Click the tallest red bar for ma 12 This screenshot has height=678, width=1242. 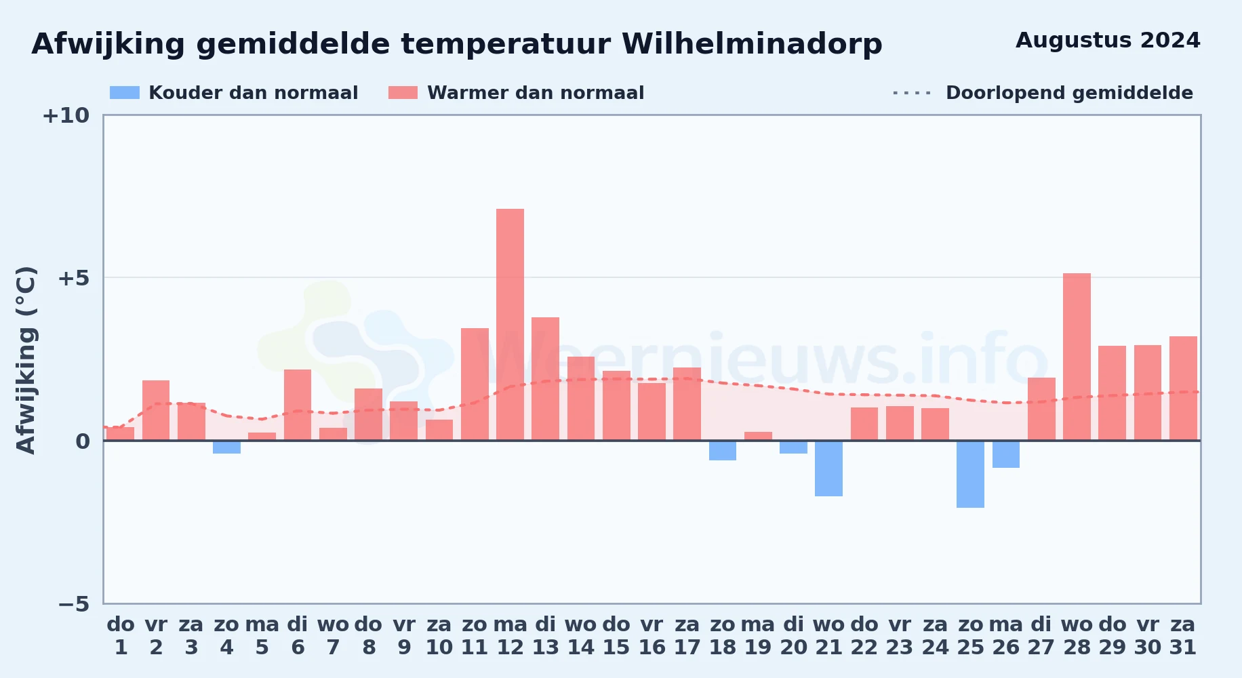[x=510, y=325]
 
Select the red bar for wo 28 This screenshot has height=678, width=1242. [x=1077, y=357]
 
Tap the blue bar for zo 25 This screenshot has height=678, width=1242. [x=970, y=475]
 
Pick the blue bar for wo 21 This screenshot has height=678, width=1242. [x=828, y=468]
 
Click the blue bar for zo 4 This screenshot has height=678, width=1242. [x=226, y=447]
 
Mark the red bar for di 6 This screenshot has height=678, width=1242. [x=298, y=405]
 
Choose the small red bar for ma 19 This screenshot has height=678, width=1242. [x=758, y=436]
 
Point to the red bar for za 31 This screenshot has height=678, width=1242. [x=1183, y=388]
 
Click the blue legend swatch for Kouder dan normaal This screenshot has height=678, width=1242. [x=125, y=93]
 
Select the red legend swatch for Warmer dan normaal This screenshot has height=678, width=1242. [x=403, y=93]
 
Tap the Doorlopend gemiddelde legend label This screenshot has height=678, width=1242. [x=1069, y=93]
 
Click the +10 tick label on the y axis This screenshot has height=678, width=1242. [x=66, y=115]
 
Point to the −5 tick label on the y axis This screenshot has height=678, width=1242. [x=74, y=603]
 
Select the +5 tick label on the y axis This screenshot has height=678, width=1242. [x=73, y=278]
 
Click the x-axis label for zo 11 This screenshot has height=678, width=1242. [x=475, y=636]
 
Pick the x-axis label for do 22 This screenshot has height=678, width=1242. [x=864, y=636]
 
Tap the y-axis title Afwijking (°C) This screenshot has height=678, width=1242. [x=26, y=359]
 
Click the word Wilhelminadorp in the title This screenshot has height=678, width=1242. [x=752, y=45]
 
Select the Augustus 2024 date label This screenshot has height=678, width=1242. [x=1108, y=41]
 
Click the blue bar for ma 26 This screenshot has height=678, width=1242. [x=1006, y=454]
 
